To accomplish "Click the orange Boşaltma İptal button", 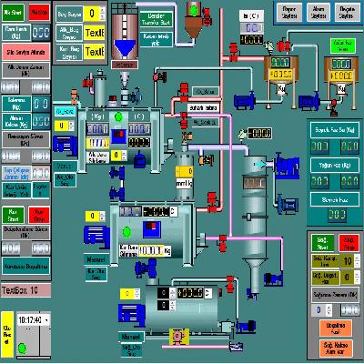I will pyautogui.click(x=333, y=326).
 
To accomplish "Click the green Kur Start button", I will pyautogui.click(x=12, y=215).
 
